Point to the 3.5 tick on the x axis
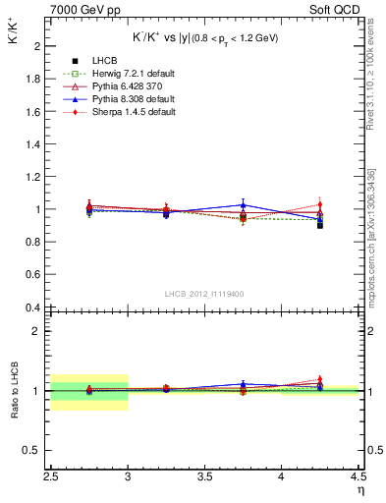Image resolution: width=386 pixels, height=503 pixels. [x=204, y=477]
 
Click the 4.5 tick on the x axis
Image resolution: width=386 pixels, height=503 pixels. [x=358, y=477]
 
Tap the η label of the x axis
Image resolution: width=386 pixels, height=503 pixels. [x=360, y=489]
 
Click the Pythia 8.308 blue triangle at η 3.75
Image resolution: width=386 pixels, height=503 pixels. [x=244, y=205]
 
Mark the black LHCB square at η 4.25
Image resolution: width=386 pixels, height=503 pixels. [x=320, y=225]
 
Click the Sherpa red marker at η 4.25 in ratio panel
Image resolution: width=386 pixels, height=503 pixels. [x=320, y=379]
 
